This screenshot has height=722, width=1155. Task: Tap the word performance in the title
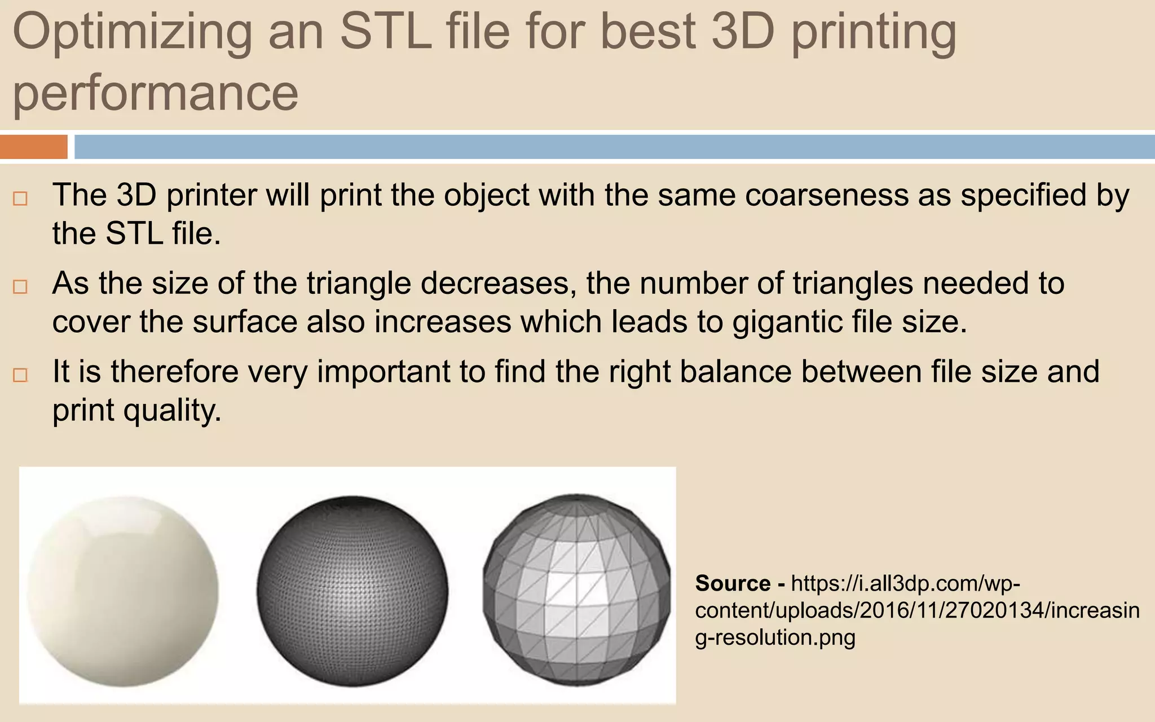click(155, 93)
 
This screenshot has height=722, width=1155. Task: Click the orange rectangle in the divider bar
click(33, 147)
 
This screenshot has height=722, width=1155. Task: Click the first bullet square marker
click(20, 199)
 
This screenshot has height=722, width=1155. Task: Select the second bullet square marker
click(20, 287)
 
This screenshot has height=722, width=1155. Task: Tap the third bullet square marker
click(20, 375)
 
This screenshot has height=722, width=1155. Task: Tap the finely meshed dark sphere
click(352, 591)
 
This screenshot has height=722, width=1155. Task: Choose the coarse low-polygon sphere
click(577, 589)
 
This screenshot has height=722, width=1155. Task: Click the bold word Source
click(733, 583)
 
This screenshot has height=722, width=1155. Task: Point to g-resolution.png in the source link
click(775, 637)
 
